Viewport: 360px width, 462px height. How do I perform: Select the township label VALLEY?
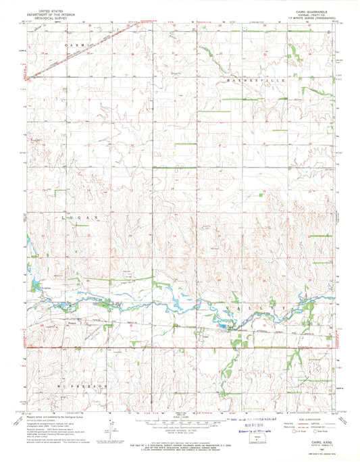(262, 306)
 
